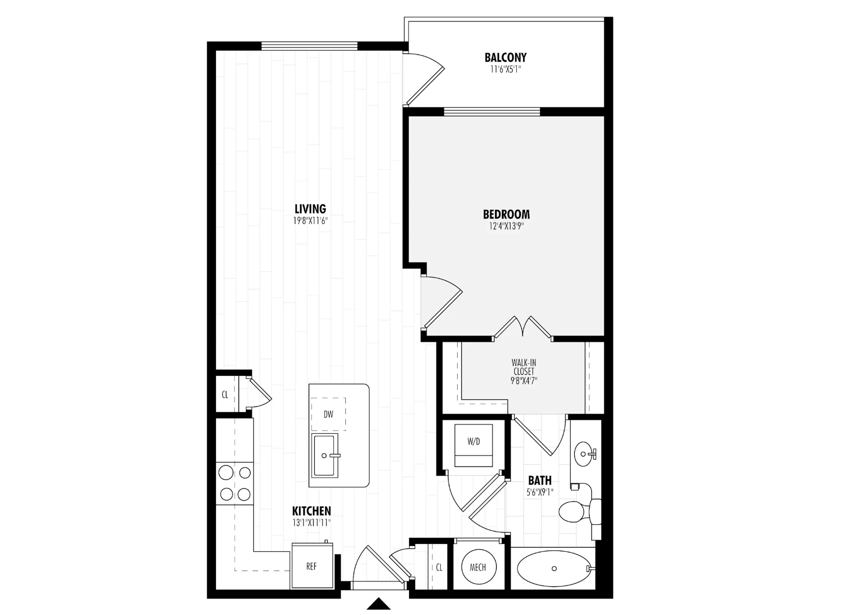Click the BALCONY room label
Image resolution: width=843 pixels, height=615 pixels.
click(x=505, y=57)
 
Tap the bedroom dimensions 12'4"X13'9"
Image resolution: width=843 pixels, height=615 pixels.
click(x=506, y=226)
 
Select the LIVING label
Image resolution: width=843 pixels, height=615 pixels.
click(x=310, y=209)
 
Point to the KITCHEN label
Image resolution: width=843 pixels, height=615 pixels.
click(x=311, y=511)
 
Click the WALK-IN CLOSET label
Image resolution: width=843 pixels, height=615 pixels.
click(x=524, y=367)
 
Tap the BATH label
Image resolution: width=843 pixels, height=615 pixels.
click(x=540, y=480)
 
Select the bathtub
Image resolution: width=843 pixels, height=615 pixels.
click(x=554, y=568)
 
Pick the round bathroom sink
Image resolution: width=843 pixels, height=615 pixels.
click(x=584, y=455)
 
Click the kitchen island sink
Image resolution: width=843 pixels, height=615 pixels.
click(x=325, y=456)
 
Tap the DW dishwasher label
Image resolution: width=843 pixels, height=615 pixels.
click(x=328, y=414)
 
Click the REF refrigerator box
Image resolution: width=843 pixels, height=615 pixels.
click(x=311, y=566)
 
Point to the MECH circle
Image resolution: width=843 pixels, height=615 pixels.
click(x=477, y=567)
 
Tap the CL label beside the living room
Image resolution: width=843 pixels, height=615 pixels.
click(x=225, y=394)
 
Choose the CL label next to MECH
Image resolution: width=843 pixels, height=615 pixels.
click(x=439, y=567)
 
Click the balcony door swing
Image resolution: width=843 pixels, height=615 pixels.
click(x=425, y=78)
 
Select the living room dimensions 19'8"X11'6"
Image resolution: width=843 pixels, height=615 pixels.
click(x=310, y=221)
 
